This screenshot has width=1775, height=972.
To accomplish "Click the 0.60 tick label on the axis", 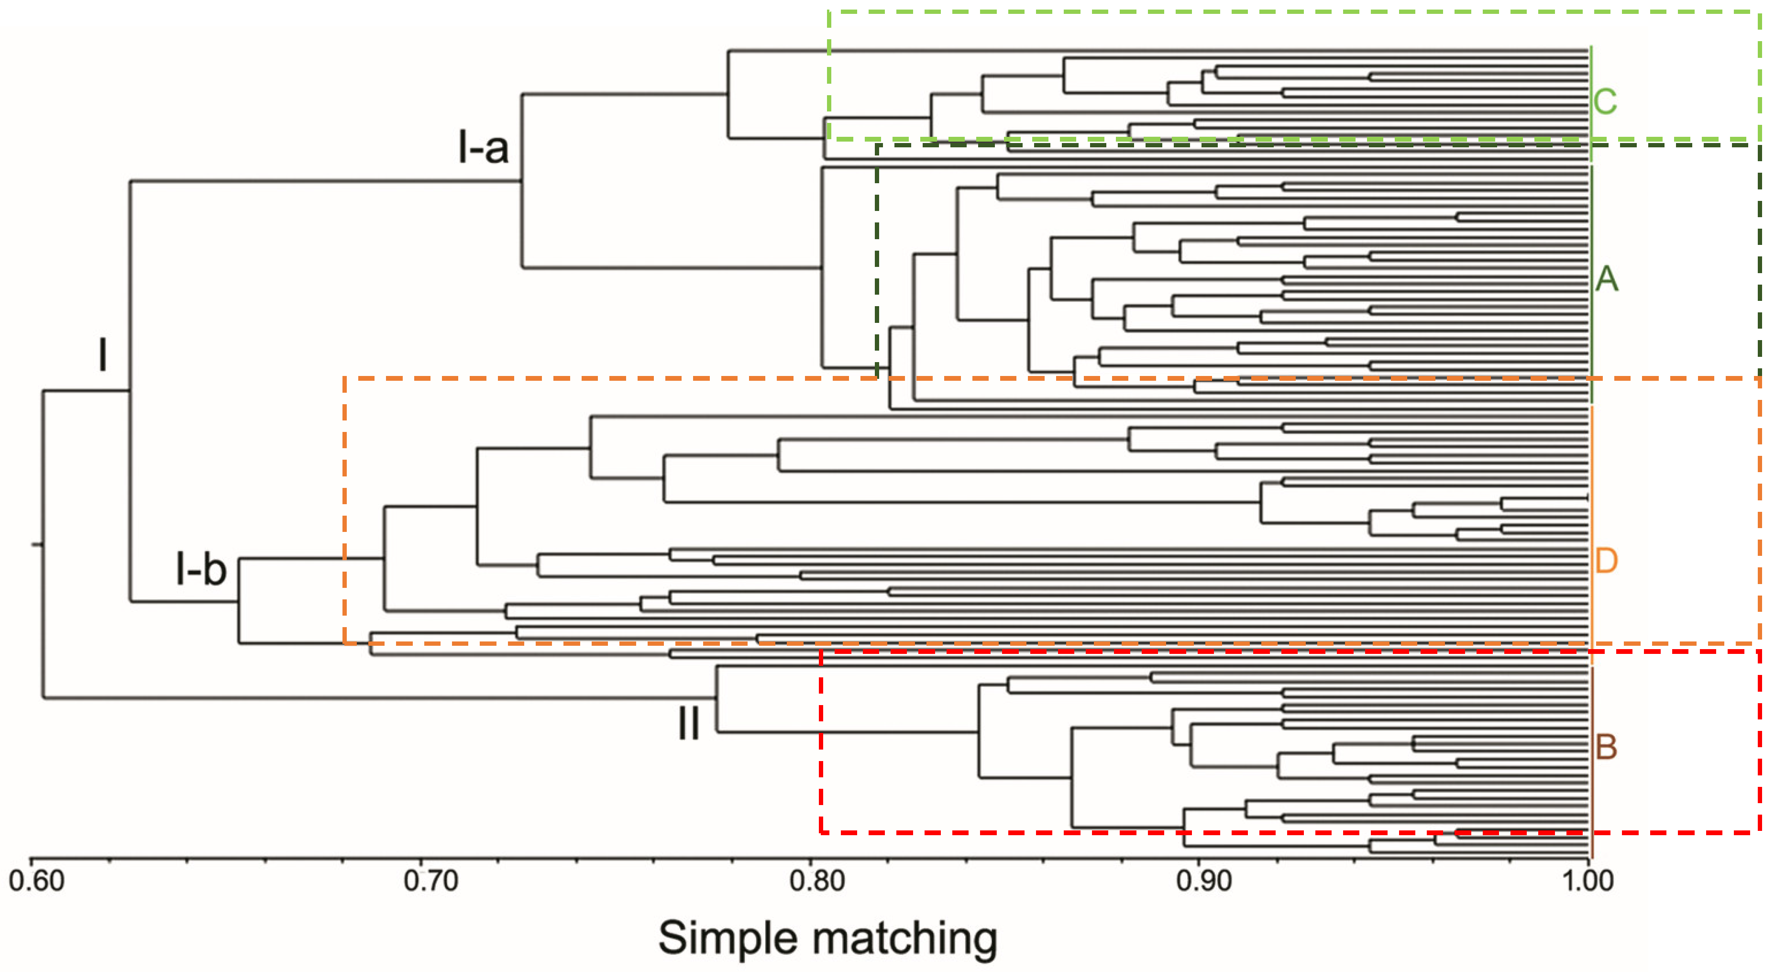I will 36,881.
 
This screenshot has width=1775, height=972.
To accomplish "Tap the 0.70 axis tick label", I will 430,881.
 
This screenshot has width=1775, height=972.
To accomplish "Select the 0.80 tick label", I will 817,881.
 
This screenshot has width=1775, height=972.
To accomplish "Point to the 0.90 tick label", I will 1204,881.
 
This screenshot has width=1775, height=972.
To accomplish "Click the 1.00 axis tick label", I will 1587,881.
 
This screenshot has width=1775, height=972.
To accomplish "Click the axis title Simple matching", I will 827,938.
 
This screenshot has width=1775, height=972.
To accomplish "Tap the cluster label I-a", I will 483,147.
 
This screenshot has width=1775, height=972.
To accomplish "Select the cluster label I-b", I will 200,569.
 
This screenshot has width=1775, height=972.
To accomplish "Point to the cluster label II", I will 688,724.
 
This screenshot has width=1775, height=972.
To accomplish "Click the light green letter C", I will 1605,102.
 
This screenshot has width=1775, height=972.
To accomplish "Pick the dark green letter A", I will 1606,279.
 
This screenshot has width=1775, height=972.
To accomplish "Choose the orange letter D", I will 1606,561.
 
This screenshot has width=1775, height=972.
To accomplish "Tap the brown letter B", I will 1606,747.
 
